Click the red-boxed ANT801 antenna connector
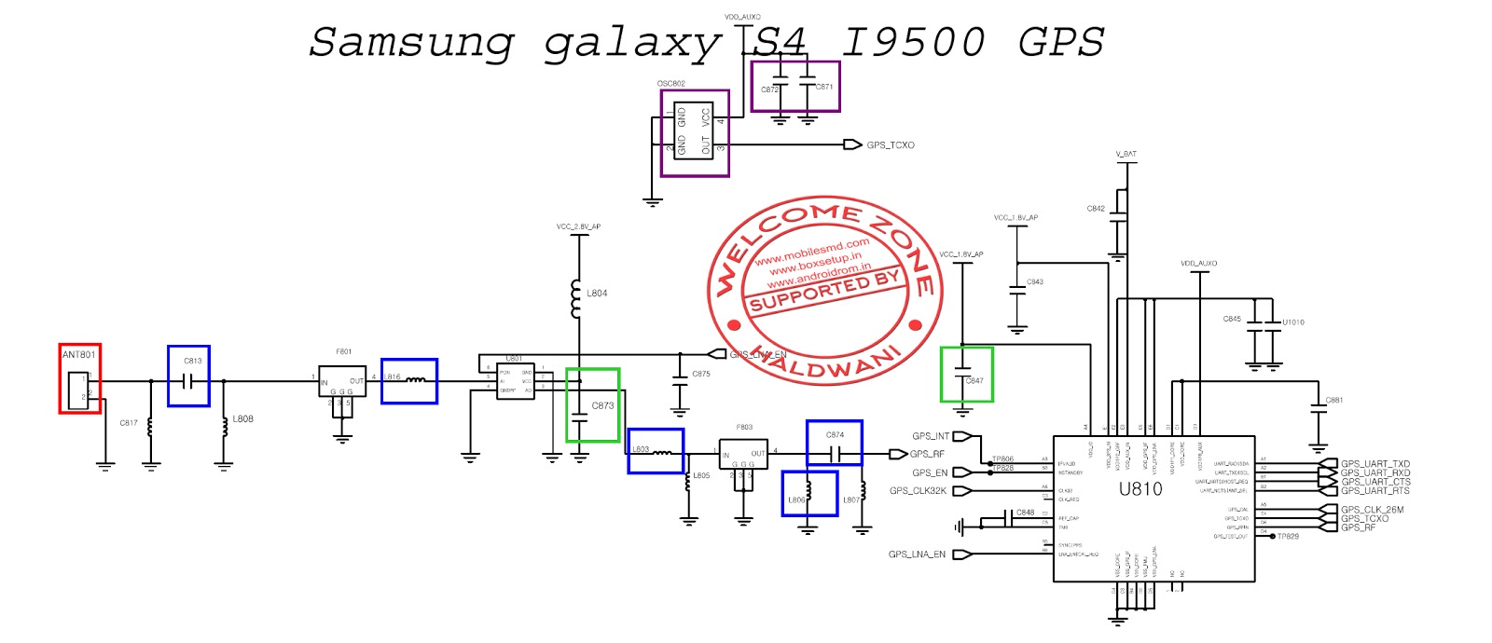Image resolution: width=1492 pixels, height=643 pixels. [x=79, y=378]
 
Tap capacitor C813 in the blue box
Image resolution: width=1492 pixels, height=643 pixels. [x=188, y=376]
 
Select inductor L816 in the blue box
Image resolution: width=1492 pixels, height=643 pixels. [x=408, y=381]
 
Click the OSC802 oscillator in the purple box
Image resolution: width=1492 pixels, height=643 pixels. [x=695, y=132]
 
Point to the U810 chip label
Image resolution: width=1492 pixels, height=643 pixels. [x=1140, y=489]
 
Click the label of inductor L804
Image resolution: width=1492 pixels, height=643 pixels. [x=597, y=294]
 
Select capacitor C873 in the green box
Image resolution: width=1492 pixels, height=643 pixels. [x=592, y=405]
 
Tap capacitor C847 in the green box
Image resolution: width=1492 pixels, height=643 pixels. [x=967, y=375]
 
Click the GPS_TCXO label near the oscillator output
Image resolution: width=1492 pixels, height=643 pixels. [x=890, y=145]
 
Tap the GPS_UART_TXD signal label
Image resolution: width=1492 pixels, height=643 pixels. [x=1375, y=463]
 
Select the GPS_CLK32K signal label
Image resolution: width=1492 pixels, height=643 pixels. [x=918, y=491]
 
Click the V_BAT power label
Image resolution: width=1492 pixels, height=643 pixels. [x=1126, y=154]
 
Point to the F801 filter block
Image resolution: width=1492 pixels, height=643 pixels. [x=342, y=381]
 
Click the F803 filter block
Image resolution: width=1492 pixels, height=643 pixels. [x=743, y=454]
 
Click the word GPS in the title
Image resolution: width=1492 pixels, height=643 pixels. [x=1060, y=42]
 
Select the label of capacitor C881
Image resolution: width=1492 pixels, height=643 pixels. [x=1334, y=401]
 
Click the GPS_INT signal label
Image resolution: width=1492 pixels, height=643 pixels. [x=930, y=436]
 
